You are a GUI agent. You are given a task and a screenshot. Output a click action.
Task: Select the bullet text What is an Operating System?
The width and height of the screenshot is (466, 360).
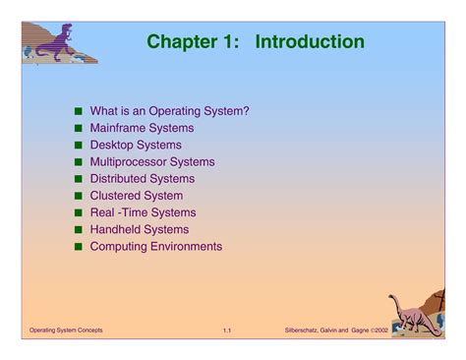(x=169, y=111)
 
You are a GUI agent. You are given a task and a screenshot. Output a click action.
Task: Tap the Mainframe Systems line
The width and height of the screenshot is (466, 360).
(x=142, y=128)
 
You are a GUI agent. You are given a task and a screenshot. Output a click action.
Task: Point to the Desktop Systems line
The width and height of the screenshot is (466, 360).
(x=136, y=145)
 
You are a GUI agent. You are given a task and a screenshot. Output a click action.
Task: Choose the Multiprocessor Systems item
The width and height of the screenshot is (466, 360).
(x=151, y=161)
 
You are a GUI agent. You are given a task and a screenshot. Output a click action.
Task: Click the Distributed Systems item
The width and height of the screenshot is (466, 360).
(x=142, y=179)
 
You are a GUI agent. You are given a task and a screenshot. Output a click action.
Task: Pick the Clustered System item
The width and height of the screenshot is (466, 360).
(x=136, y=196)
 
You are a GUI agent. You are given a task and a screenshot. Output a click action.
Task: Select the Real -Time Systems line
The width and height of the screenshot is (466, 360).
(x=143, y=212)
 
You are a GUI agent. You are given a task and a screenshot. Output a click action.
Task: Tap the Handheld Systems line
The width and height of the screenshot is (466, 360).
(x=139, y=229)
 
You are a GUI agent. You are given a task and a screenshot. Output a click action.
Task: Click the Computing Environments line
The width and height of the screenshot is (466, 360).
(x=155, y=246)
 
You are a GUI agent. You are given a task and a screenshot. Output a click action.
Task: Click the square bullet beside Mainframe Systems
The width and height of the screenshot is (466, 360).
(x=78, y=129)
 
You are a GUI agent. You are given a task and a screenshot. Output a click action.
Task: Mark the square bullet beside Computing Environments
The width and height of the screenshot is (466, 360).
(x=78, y=247)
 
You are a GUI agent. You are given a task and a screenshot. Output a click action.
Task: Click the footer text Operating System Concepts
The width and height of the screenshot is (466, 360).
(x=66, y=329)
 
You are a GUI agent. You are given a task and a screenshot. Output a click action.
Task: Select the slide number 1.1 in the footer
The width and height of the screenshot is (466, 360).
(x=226, y=329)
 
